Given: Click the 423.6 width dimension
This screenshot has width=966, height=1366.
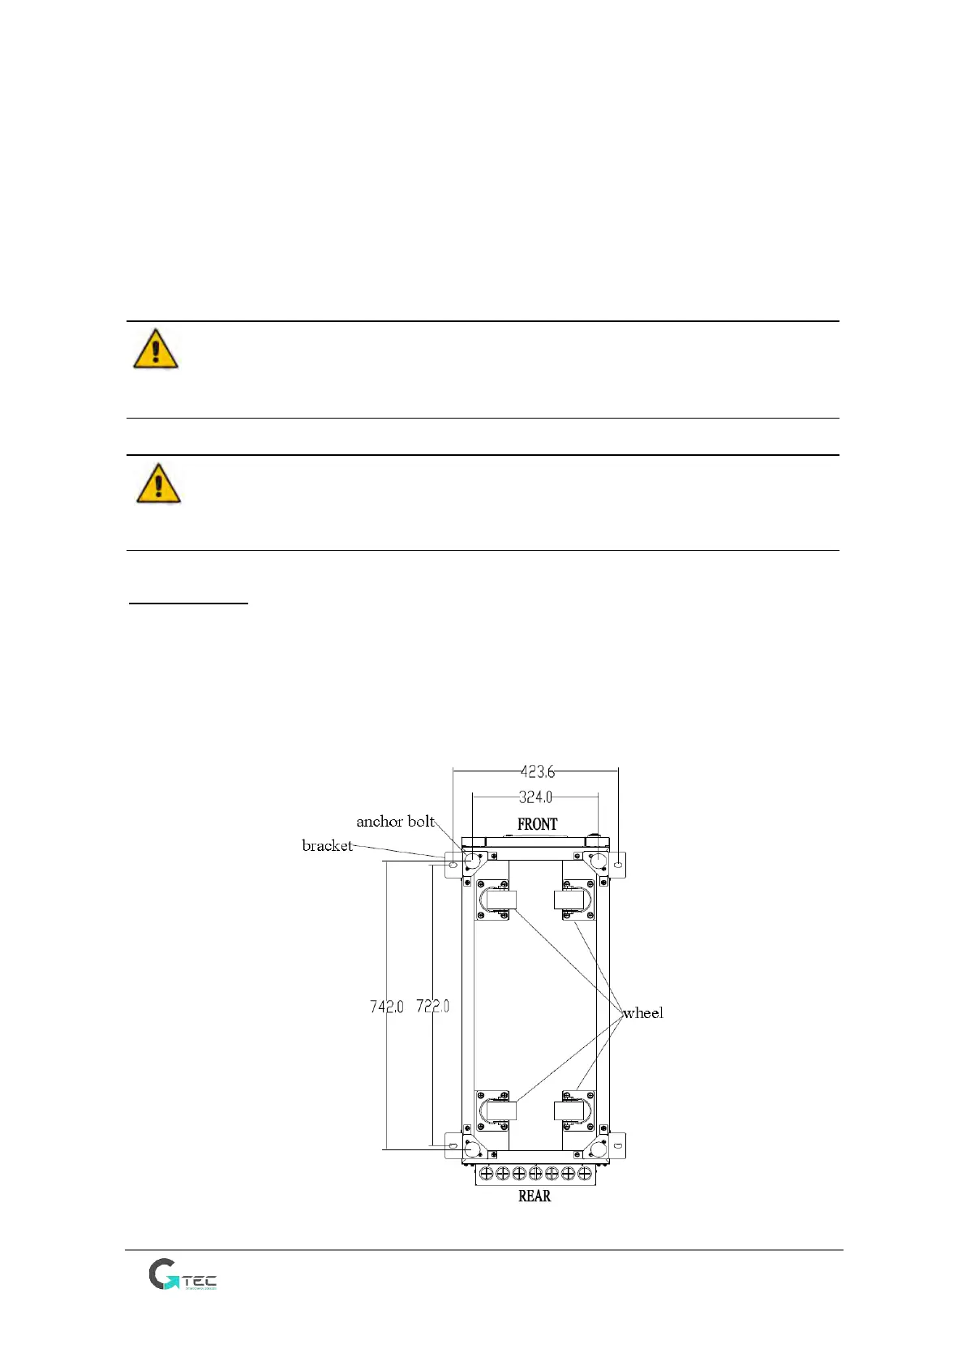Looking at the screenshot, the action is [537, 771].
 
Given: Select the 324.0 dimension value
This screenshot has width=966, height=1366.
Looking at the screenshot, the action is [535, 797].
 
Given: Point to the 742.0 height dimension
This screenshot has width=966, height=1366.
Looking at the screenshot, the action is [387, 1006].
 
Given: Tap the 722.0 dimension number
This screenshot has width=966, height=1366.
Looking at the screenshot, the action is [432, 1006].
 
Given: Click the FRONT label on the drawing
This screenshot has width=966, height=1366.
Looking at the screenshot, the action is [537, 824].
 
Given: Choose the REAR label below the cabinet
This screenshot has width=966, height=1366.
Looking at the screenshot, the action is [535, 1196].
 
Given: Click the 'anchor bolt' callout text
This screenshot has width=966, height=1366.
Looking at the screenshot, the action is [395, 821].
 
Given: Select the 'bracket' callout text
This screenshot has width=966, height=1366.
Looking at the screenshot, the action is [327, 845].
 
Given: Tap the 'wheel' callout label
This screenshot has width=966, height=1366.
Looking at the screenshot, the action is [642, 1012].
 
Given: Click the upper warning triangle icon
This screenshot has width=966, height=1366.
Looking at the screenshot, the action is [156, 349].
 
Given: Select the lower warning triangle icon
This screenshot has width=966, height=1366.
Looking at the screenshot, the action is [158, 483].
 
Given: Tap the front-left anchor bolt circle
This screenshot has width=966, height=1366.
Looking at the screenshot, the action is [473, 861].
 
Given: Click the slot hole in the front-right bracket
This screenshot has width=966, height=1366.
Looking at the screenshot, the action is [618, 866].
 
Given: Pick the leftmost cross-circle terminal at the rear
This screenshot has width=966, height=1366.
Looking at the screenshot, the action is [487, 1173].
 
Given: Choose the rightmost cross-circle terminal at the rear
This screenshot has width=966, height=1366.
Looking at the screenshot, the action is [584, 1173].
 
